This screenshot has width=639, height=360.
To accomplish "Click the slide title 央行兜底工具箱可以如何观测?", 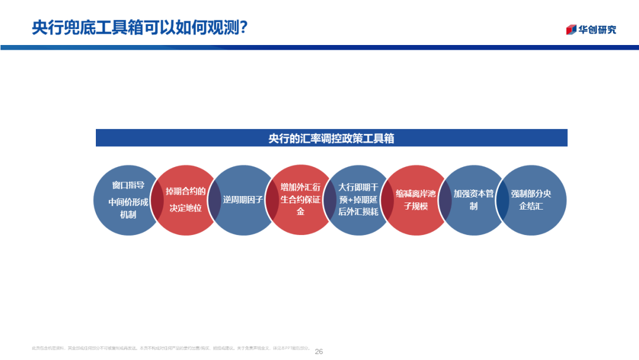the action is click(x=140, y=27).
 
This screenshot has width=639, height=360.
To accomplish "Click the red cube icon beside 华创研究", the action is click(x=571, y=30).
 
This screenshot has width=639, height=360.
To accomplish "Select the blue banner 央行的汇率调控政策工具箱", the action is click(x=331, y=138).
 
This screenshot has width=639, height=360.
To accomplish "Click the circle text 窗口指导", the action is click(x=128, y=185).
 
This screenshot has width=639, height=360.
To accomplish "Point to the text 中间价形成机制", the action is click(x=128, y=208).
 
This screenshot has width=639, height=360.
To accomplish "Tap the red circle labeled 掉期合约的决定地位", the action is click(x=185, y=200).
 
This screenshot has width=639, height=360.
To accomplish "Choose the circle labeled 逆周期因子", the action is click(x=243, y=200).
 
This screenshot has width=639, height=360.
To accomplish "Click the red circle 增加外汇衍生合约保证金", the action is click(x=300, y=200).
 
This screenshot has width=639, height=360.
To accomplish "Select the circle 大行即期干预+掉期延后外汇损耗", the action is click(x=358, y=200).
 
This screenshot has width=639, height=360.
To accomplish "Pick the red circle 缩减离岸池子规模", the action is click(x=415, y=200).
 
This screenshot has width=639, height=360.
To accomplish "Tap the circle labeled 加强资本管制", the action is click(x=473, y=200).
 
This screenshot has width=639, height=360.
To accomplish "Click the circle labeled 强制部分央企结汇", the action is click(x=531, y=200).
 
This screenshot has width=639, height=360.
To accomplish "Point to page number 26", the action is click(x=319, y=351).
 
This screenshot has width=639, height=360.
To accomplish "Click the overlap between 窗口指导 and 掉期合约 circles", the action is click(x=157, y=200).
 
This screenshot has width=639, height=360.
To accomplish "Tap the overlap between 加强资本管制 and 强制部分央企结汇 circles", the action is click(x=502, y=200).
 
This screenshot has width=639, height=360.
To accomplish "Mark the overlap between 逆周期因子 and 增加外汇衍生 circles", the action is click(x=272, y=200).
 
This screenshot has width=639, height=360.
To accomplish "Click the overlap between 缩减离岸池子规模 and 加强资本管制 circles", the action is click(x=444, y=200).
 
